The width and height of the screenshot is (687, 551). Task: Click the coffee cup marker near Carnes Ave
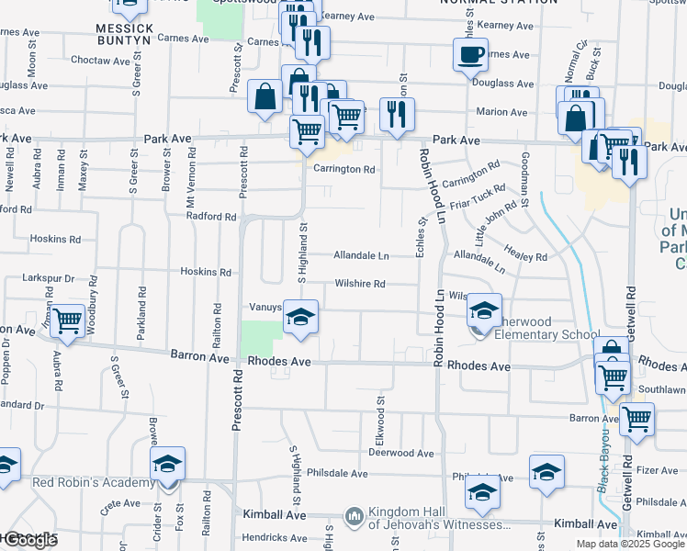(470, 53)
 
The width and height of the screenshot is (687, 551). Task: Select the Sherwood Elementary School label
(534, 334)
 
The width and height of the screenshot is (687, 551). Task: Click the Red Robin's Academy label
(94, 483)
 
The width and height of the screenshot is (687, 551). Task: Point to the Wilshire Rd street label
(359, 284)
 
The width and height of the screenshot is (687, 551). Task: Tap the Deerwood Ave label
(400, 453)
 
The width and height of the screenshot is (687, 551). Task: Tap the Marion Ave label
(501, 112)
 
